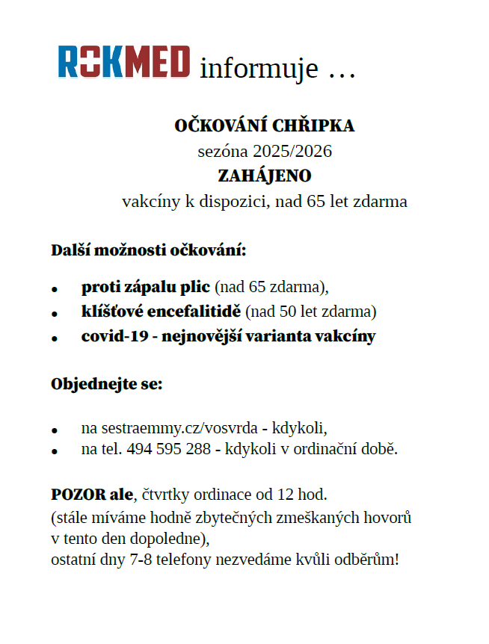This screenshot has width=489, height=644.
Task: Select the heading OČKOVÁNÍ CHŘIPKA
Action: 264,126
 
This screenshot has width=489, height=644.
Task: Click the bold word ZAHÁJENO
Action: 264,176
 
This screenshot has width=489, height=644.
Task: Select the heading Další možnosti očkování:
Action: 148,250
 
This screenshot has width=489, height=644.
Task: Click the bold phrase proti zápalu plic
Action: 146,287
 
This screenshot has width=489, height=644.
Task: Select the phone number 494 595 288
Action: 169,450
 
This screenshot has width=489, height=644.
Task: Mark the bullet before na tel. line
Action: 55,452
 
